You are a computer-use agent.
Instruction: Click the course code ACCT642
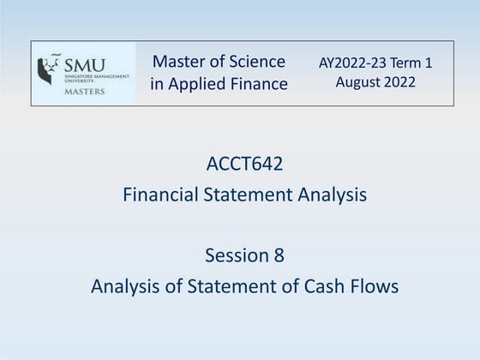(244, 163)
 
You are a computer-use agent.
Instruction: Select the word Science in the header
(255, 61)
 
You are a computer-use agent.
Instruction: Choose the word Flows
(375, 286)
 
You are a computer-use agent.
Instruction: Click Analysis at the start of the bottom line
(126, 286)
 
